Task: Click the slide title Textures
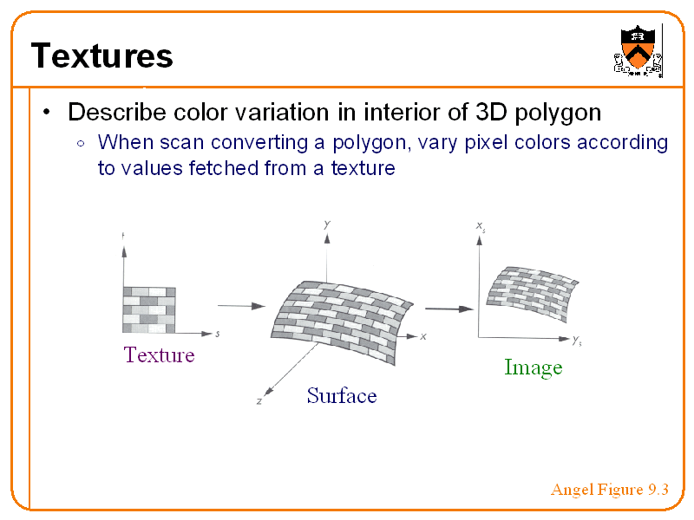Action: [102, 56]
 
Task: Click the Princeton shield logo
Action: [638, 51]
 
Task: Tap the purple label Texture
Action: [159, 354]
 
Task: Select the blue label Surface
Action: [342, 396]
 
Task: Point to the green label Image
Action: [533, 367]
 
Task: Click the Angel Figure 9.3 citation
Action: [609, 491]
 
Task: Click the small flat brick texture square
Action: [148, 309]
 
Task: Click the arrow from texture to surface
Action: [240, 305]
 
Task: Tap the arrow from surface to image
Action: [449, 309]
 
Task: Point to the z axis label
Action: [259, 401]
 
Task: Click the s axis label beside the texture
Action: [217, 334]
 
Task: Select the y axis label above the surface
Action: [326, 224]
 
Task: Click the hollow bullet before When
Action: [81, 143]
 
